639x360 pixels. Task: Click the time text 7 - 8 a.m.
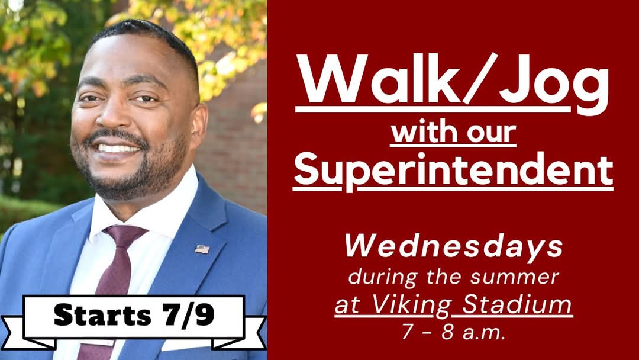pos(453,332)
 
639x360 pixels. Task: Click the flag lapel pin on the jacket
pos(202,249)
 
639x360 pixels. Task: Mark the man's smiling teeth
pos(118,148)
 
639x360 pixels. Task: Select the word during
pos(373,276)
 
